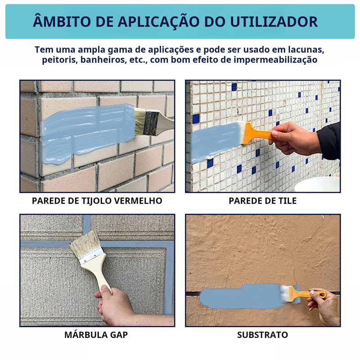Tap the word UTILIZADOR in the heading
(274, 22)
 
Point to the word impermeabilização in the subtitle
(275, 60)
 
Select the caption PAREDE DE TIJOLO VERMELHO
(97, 201)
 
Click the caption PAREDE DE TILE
(263, 201)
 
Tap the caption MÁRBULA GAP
(96, 334)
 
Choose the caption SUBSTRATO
(262, 335)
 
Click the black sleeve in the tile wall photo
(329, 141)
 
